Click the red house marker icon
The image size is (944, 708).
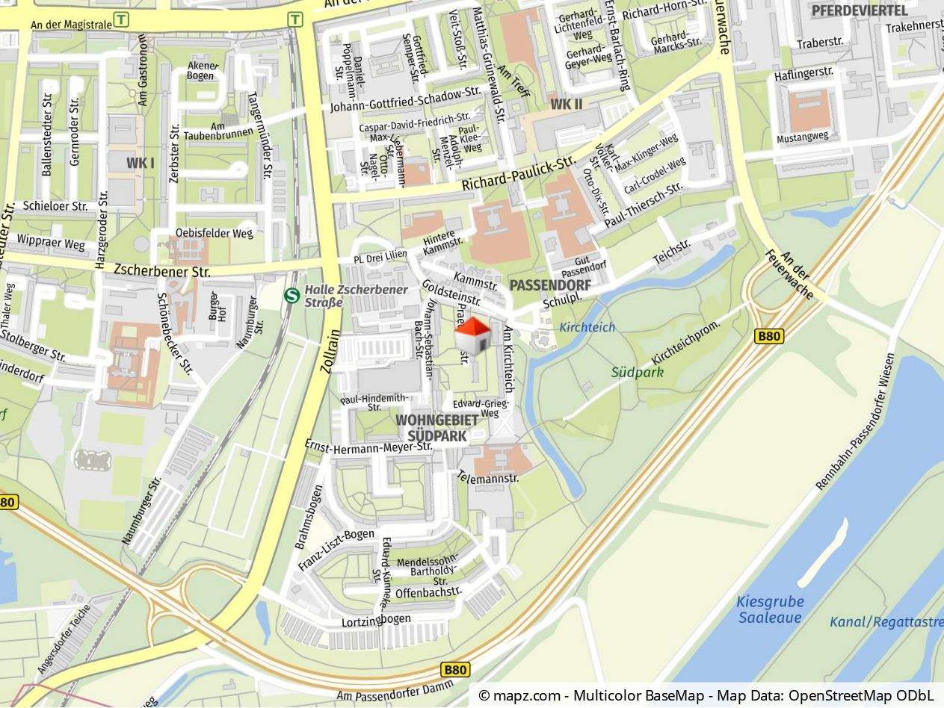(473, 336)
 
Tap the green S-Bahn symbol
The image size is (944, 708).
(292, 296)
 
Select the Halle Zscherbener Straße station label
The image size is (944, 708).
(356, 296)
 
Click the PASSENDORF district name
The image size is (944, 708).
(550, 285)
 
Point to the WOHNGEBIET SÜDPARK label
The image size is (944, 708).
(437, 428)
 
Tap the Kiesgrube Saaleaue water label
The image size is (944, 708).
(771, 609)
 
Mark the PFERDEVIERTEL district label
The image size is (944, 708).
(860, 10)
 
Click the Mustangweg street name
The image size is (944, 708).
(803, 137)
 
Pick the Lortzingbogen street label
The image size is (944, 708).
(376, 621)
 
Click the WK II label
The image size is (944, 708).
(566, 104)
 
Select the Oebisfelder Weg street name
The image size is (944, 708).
(215, 233)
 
